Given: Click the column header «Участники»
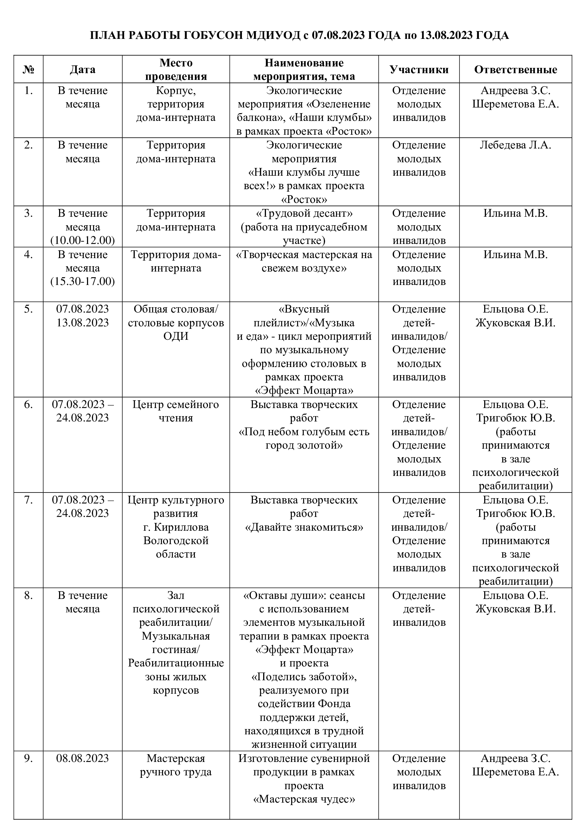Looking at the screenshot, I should click(418, 70).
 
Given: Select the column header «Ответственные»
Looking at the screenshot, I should click(515, 70).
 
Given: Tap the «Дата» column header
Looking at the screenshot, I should click(82, 70).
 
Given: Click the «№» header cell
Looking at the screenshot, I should click(28, 70).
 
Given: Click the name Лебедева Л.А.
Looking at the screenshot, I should click(515, 145).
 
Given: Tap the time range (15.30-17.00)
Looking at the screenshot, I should click(82, 281).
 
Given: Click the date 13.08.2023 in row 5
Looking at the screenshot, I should click(82, 322).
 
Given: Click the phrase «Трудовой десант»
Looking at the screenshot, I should click(304, 214).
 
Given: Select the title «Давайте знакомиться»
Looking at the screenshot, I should click(304, 527).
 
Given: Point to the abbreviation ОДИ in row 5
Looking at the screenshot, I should click(176, 336).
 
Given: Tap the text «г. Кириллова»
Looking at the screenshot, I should click(176, 527).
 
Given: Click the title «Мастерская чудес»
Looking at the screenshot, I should click(304, 799).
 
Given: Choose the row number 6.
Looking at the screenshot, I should click(28, 404).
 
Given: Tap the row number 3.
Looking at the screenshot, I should click(28, 214).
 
